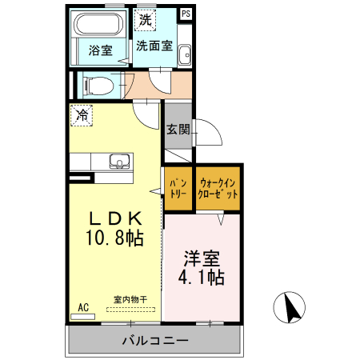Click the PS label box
(x=186, y=14)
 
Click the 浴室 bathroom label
(x=100, y=50)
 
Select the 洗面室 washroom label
(x=154, y=46)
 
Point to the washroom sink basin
(x=184, y=55)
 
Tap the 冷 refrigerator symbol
(x=81, y=115)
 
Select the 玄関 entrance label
(x=178, y=130)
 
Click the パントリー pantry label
(x=178, y=188)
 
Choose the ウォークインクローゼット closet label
(x=219, y=188)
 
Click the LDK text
(x=115, y=218)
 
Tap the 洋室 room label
(x=202, y=259)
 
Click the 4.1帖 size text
(x=202, y=278)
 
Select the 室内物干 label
(x=129, y=299)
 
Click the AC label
(x=82, y=307)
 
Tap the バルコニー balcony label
(x=155, y=341)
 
